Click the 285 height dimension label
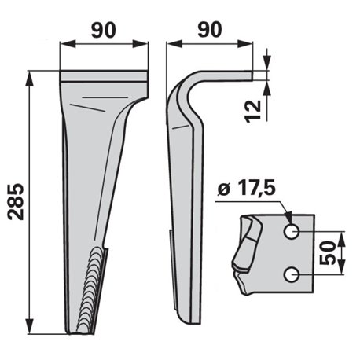click(17, 201)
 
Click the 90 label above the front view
click(104, 30)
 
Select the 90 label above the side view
click(210, 29)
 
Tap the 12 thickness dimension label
click(253, 111)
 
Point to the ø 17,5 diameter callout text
click(247, 189)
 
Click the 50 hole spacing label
click(328, 253)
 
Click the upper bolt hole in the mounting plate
click(292, 232)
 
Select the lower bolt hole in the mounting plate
click(292, 274)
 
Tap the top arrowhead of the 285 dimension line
click(30, 78)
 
